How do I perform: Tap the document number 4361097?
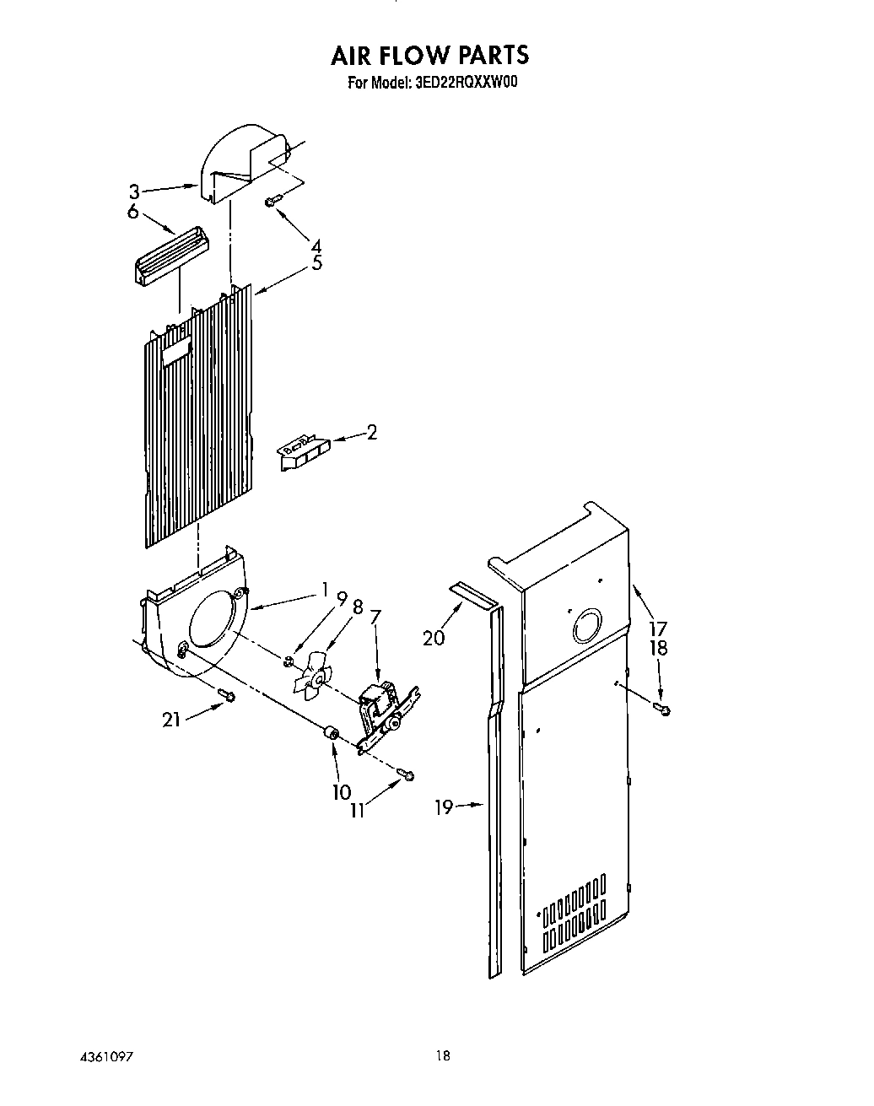[107, 1057]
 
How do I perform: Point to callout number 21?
[171, 720]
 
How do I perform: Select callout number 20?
[434, 638]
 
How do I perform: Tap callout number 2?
[371, 433]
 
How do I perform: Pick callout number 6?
[132, 211]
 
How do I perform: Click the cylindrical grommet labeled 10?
[330, 735]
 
